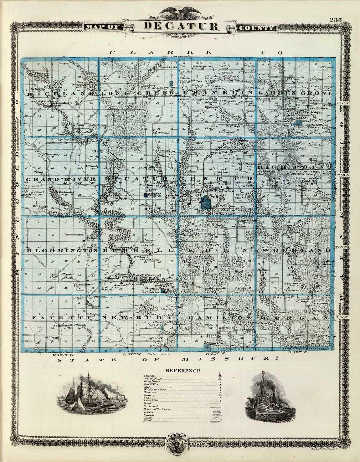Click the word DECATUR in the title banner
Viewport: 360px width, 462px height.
[181, 26]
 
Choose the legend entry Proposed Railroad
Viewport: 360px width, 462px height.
[157, 409]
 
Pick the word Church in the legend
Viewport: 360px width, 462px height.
[148, 375]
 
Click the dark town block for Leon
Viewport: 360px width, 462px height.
[206, 203]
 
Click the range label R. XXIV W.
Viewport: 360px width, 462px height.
[299, 352]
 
